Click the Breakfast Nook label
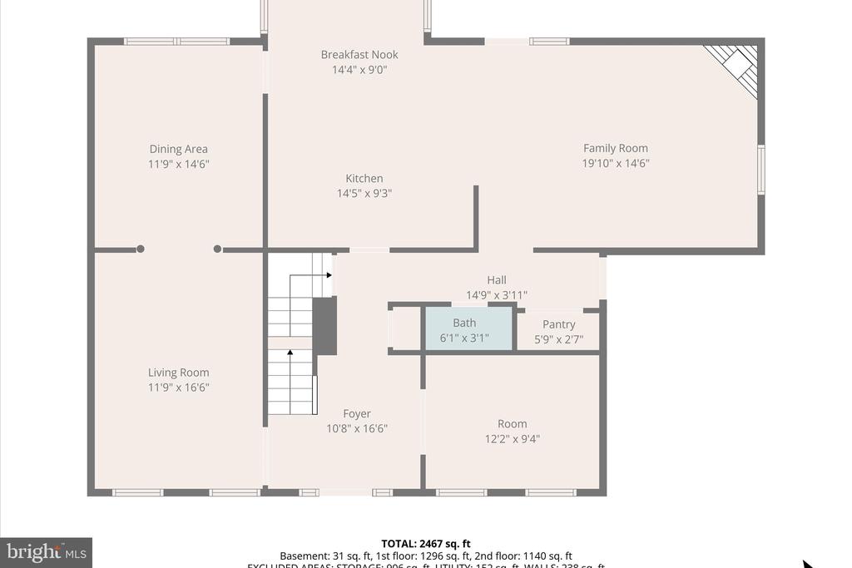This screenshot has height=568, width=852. tap(359, 55)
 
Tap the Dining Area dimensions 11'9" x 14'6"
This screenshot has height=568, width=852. tap(178, 165)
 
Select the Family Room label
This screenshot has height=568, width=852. tap(615, 149)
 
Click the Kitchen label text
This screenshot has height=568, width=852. tap(364, 179)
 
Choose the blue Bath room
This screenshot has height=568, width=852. tap(468, 329)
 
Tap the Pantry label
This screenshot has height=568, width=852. tap(558, 324)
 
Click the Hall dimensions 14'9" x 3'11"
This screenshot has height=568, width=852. tap(497, 295)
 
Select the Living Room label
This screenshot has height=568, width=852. tap(178, 373)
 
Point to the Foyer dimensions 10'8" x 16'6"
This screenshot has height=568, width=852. tap(357, 429)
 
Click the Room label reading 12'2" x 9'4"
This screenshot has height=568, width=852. tap(512, 424)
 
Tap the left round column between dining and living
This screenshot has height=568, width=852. tap(141, 249)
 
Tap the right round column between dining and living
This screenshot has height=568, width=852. tap(217, 249)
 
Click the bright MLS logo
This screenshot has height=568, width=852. tap(46, 551)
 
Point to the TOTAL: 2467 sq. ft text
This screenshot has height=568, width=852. tap(425, 544)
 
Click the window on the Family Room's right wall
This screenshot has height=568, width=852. tap(760, 170)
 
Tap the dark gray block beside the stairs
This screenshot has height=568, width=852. tap(324, 326)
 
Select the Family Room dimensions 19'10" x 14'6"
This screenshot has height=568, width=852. tap(615, 164)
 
